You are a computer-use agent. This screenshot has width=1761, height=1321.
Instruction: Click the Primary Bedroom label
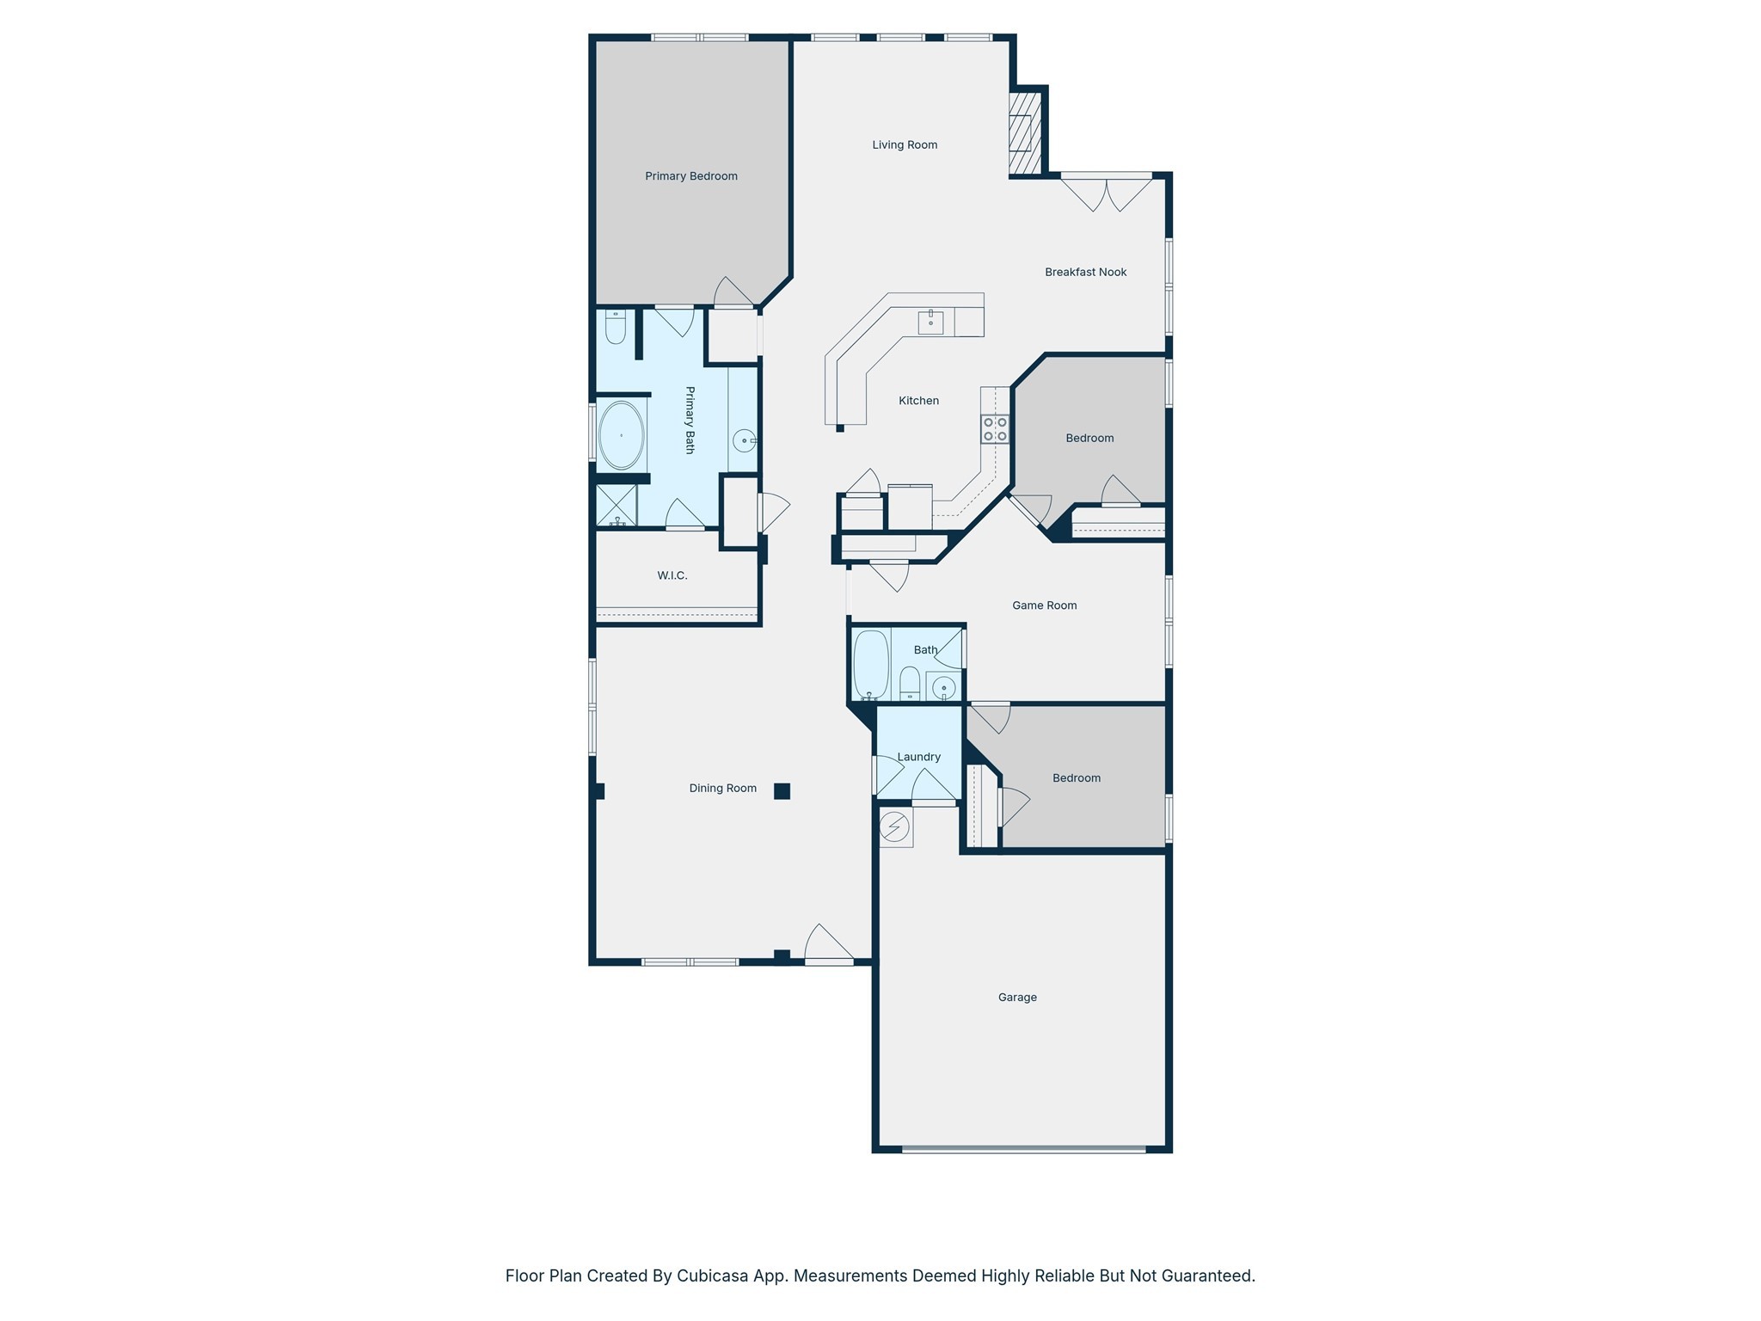click(x=691, y=176)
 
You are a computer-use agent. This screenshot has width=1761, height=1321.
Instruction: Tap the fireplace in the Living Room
click(x=1023, y=132)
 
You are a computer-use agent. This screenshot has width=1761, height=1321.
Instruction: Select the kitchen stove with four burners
click(x=995, y=429)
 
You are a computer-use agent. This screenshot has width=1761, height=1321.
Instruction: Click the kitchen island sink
click(x=930, y=322)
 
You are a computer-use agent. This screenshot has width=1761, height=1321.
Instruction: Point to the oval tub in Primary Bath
click(x=621, y=435)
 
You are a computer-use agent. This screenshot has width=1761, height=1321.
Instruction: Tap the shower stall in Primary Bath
click(x=617, y=506)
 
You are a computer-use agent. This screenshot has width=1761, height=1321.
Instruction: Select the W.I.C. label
click(x=672, y=575)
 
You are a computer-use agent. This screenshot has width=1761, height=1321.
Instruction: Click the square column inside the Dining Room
click(x=782, y=791)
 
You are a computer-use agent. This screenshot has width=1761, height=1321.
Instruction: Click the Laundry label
click(x=918, y=757)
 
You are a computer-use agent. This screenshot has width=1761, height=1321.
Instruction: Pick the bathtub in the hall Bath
click(x=870, y=665)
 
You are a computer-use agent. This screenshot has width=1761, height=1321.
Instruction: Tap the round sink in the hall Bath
click(x=943, y=688)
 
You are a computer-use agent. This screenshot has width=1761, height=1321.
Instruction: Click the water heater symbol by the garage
click(x=894, y=827)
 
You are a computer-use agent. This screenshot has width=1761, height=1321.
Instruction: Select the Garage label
click(x=1017, y=998)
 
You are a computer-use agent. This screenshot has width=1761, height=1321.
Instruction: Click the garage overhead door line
click(x=1023, y=1149)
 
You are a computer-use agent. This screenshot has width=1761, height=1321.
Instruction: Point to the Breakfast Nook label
click(x=1085, y=272)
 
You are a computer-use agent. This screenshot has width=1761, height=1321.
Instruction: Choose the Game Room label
click(x=1044, y=605)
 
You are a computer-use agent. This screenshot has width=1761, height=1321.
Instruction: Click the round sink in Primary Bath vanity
click(x=744, y=440)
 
